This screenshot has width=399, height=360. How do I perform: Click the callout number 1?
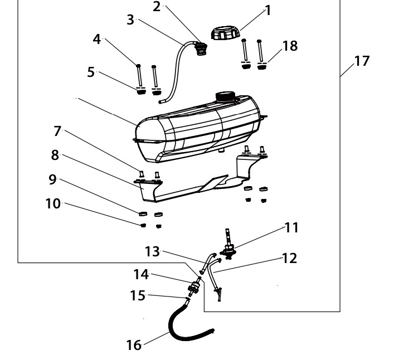pos(268,10)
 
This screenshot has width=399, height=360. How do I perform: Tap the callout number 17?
pos(362,61)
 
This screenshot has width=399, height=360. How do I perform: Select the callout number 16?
pos(134,345)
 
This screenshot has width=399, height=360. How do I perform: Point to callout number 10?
pos(53,203)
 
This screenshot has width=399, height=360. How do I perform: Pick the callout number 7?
pos(57,132)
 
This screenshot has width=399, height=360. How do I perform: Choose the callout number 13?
pos(152,252)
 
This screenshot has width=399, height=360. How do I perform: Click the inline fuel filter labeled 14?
pos(194,289)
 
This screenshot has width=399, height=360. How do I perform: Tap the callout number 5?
pos(91,72)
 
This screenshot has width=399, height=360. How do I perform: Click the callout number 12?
pos(289,258)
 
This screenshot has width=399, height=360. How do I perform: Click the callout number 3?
pos(130,20)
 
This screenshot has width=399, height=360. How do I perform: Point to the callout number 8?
pos(56,156)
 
